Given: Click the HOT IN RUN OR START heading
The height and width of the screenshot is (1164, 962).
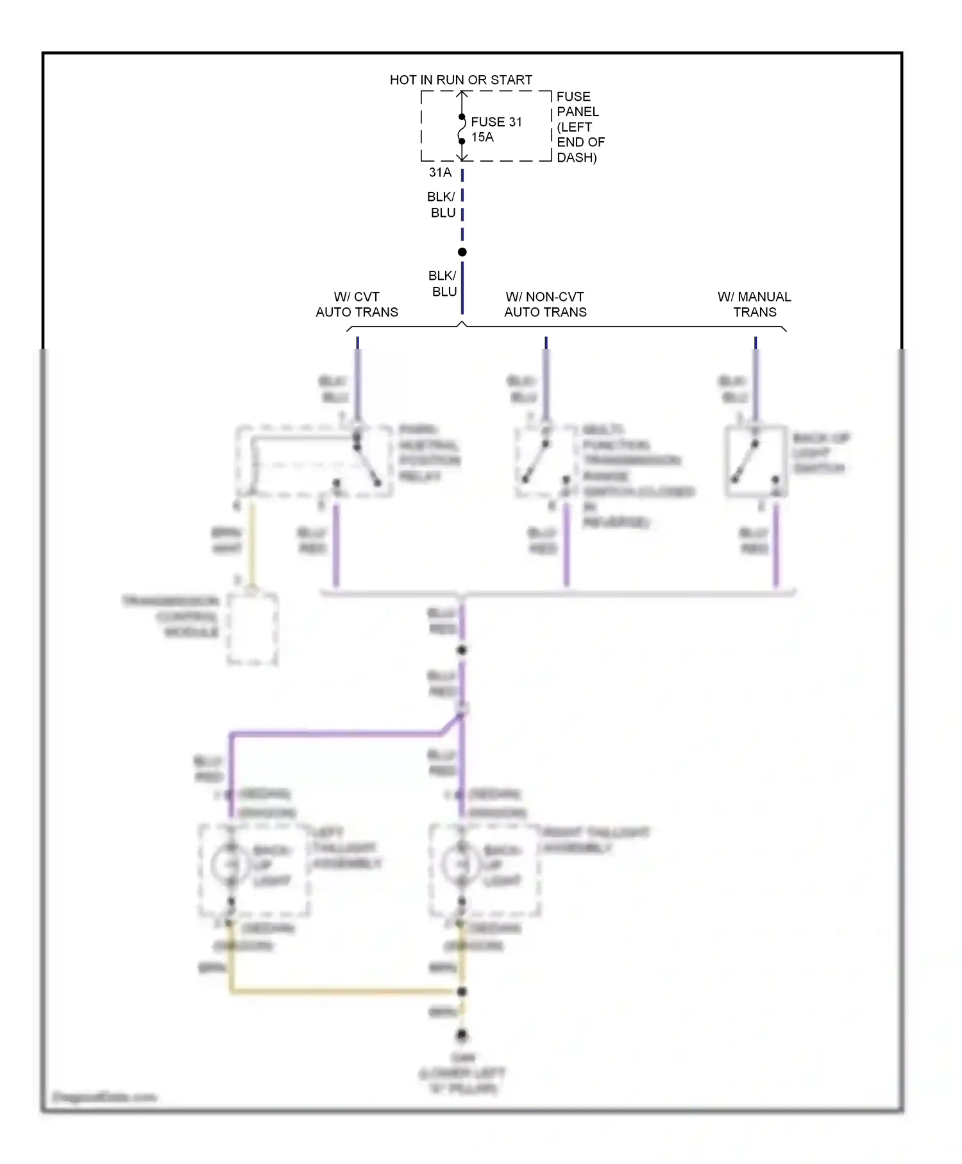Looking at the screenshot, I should click(x=460, y=80).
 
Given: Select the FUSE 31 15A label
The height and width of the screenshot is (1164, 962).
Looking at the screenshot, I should click(x=496, y=130).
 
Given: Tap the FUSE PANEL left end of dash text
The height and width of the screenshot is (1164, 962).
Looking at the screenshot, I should click(x=580, y=127).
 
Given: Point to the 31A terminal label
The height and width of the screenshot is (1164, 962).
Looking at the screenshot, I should click(x=440, y=173).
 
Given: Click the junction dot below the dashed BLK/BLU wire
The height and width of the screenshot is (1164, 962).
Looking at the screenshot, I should click(x=462, y=252).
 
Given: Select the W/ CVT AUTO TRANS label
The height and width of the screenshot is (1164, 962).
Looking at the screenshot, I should click(x=357, y=305).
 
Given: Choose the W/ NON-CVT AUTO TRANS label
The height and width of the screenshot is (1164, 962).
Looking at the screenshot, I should click(x=545, y=305).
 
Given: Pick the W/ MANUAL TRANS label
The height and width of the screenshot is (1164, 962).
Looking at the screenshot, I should click(x=754, y=305).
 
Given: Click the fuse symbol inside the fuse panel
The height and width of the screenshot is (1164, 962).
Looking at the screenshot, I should click(x=462, y=129).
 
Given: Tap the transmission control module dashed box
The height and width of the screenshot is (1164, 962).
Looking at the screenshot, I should click(x=252, y=629).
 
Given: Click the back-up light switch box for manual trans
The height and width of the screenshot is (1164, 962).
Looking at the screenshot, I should click(x=755, y=461).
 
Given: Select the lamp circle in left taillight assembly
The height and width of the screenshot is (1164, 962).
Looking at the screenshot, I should click(x=230, y=864).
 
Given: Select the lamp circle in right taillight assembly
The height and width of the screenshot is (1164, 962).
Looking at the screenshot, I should click(x=460, y=864).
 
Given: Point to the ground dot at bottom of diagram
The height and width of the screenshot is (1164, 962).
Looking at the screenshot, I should click(x=462, y=1035).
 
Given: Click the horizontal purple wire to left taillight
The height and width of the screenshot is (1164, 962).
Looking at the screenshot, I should click(x=333, y=733).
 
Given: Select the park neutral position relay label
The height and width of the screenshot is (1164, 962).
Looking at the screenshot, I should click(x=428, y=453).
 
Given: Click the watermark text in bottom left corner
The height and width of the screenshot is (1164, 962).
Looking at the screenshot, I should click(x=104, y=1097).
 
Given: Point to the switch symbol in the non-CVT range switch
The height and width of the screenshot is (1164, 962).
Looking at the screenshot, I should click(x=536, y=461).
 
